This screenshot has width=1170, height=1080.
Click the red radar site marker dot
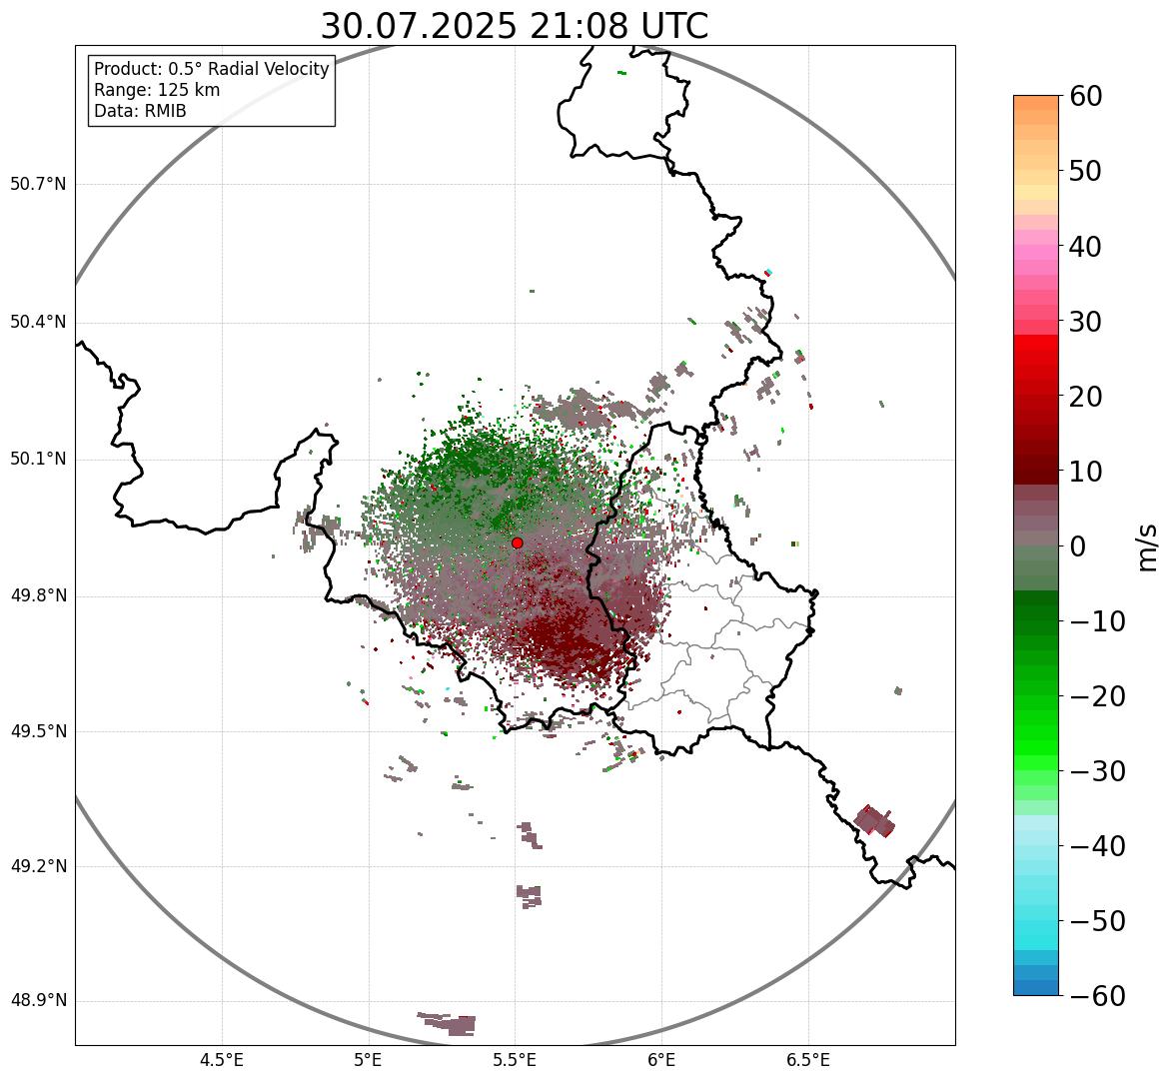click(517, 542)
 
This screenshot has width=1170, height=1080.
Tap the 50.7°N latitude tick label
click(38, 185)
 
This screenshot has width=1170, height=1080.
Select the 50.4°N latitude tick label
click(38, 323)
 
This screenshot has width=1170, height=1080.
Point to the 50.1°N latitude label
click(38, 460)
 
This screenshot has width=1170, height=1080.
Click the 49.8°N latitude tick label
click(38, 596)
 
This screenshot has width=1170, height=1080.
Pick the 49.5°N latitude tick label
click(38, 731)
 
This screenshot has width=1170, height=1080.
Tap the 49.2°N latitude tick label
click(38, 866)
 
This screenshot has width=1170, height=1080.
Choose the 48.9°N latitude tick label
click(38, 1001)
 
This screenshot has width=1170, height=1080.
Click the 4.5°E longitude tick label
click(222, 1060)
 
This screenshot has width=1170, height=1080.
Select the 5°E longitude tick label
click(369, 1060)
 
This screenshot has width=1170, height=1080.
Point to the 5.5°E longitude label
click(515, 1060)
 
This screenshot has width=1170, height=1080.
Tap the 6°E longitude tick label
click(661, 1060)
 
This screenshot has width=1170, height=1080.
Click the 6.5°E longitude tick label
click(807, 1060)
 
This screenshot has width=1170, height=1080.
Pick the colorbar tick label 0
click(1078, 546)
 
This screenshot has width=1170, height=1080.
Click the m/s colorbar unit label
click(1148, 546)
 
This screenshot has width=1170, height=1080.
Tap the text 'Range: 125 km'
click(157, 90)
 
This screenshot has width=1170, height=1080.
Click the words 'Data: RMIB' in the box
click(140, 111)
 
